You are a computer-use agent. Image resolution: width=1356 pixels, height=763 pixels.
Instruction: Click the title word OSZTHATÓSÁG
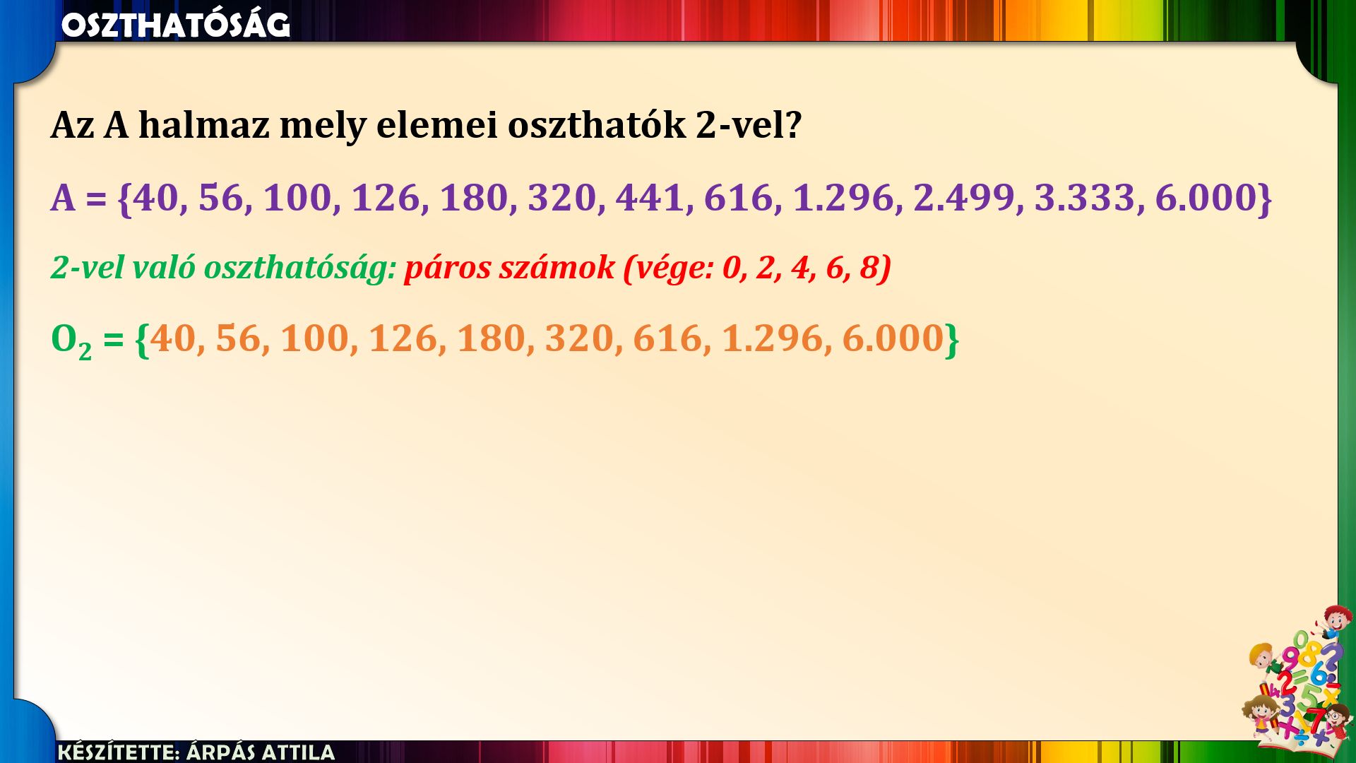176,25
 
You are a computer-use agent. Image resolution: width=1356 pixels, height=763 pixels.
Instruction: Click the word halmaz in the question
204,125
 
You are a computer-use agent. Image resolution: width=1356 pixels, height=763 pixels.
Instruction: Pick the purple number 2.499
965,197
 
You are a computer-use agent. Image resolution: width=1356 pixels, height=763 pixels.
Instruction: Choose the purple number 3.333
1086,197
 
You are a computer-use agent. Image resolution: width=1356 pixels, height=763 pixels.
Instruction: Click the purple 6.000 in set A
1206,197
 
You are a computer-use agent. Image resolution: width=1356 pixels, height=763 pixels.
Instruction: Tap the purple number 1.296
844,197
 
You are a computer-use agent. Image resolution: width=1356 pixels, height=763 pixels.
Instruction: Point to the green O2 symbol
71,340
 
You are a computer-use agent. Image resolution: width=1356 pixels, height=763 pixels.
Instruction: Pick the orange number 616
667,338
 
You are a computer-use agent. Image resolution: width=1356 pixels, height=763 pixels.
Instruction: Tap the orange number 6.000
893,338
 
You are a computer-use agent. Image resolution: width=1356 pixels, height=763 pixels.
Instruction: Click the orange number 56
238,338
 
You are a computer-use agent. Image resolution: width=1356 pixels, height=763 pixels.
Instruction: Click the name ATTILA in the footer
298,752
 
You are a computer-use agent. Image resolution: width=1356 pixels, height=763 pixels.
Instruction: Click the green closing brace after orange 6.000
952,340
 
